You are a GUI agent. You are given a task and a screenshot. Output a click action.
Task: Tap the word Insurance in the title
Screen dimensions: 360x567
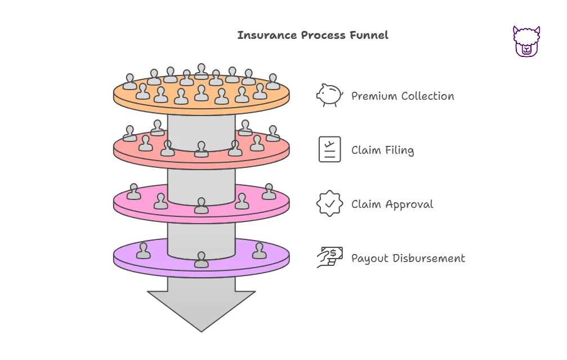260,35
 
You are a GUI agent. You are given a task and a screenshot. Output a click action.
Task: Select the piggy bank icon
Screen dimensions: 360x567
329,95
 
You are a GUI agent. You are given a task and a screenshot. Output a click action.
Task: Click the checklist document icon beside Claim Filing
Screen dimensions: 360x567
329,149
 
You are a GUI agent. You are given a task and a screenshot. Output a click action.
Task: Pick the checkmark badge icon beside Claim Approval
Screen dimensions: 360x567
329,203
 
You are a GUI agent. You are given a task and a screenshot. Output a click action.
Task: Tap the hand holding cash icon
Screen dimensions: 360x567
329,257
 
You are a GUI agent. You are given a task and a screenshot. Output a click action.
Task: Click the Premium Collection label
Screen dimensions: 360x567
403,96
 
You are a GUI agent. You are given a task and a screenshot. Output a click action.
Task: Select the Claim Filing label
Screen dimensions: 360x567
382,150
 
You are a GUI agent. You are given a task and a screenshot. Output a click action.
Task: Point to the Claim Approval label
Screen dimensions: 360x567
392,204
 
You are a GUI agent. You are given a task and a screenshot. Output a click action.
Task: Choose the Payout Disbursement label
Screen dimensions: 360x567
408,259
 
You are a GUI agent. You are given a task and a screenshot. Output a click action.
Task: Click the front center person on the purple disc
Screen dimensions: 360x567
201,260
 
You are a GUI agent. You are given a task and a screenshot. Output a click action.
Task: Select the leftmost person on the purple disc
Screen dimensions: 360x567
144,251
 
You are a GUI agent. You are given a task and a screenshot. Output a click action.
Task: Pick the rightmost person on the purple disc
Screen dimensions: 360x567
259,251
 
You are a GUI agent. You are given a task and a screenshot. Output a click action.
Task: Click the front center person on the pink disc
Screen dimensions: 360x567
201,206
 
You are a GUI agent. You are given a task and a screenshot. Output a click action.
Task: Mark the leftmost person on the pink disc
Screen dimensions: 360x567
133,192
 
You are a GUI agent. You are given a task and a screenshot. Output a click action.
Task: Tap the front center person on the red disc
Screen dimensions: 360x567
201,149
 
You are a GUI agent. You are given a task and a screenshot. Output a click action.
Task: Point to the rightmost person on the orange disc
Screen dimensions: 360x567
273,82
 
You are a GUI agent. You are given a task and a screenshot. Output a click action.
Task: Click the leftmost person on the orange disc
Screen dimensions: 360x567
130,82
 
